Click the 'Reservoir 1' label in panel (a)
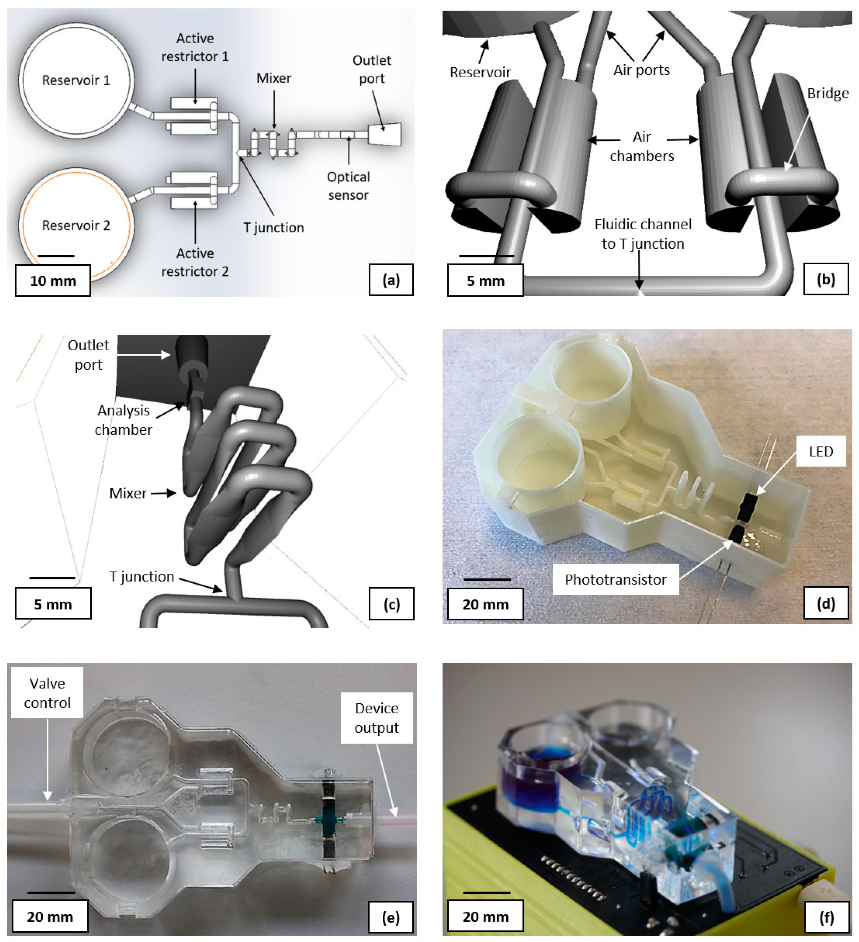pos(76,80)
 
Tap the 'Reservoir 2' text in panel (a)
pos(76,226)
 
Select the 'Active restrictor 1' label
pos(195,47)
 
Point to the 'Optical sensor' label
pos(348,186)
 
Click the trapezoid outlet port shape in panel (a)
pos(385,134)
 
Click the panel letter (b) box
pos(825,279)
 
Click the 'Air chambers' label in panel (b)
pos(642,146)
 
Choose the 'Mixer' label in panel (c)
pos(128,493)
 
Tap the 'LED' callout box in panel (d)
pos(821,451)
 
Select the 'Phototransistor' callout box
pos(615,579)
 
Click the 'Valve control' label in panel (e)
pos(47,693)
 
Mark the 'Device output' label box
pos(376,718)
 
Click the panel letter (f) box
pos(826,917)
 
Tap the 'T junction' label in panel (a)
pos(273,228)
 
